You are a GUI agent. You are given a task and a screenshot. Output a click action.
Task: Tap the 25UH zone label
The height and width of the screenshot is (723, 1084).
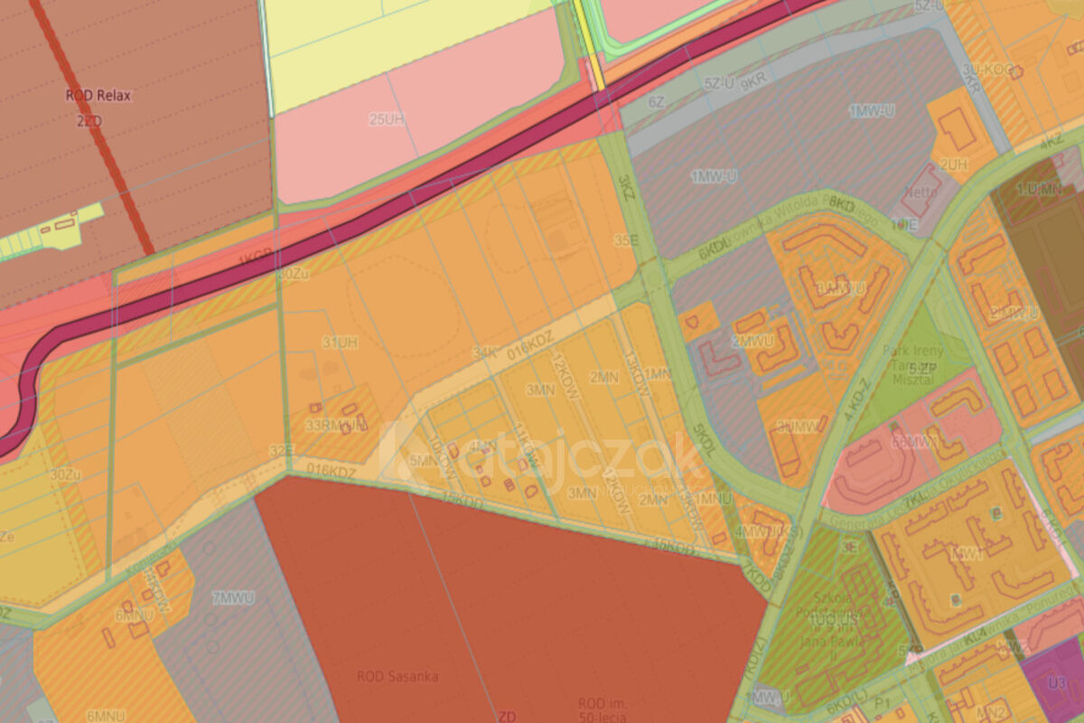[x=386, y=118]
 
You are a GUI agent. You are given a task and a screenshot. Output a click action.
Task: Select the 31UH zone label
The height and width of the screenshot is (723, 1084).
[x=340, y=343]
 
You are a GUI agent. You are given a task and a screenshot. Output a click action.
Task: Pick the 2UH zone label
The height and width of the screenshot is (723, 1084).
[x=953, y=164]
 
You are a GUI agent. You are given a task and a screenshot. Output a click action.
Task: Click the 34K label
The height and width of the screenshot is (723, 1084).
[x=484, y=352]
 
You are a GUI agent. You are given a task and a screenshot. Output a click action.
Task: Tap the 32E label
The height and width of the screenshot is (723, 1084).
[x=281, y=449]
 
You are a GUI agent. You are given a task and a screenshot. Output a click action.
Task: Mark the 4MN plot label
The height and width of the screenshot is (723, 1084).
[x=483, y=445]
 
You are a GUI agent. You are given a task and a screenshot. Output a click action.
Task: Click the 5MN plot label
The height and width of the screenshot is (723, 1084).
[x=422, y=460]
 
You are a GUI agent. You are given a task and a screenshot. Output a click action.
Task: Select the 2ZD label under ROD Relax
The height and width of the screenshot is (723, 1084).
[x=89, y=120]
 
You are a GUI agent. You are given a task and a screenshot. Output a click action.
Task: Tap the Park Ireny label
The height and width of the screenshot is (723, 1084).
[x=920, y=351]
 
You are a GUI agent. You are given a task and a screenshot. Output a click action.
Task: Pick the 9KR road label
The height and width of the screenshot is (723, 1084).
[x=752, y=82]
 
